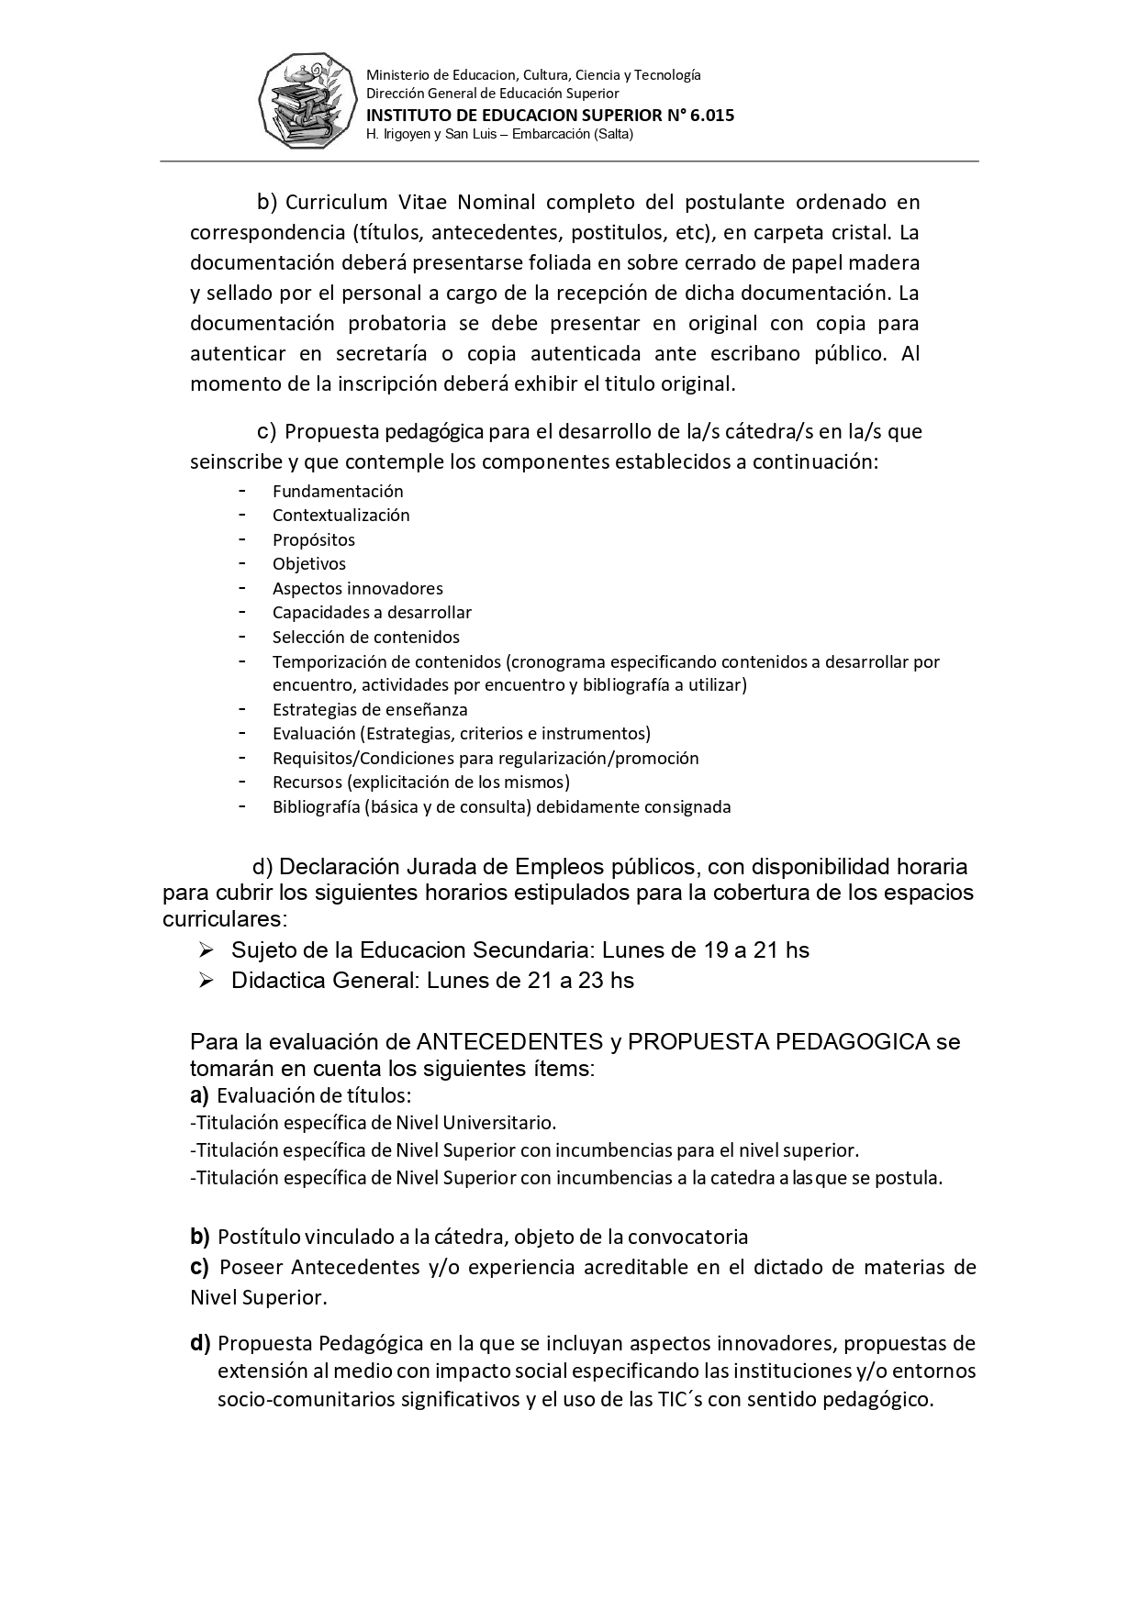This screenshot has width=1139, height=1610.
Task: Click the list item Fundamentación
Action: pos(338,492)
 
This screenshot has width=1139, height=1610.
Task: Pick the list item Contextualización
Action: pos(341,516)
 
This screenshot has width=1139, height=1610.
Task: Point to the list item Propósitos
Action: pos(313,540)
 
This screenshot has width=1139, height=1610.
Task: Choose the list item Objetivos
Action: pos(309,564)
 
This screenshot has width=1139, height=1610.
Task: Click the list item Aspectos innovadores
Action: pos(357,589)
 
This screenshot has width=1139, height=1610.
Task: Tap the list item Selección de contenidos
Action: pos(365,638)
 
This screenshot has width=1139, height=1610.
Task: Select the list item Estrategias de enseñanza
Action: pos(370,710)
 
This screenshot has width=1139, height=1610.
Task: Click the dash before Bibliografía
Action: pos(241,806)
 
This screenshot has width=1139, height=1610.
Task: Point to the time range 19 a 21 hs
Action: pos(747,950)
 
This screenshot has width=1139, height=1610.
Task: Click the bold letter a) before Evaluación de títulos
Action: pos(199,1095)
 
